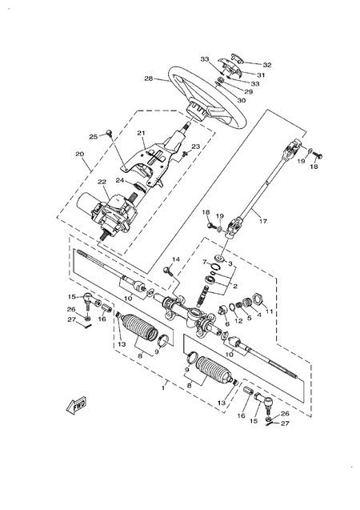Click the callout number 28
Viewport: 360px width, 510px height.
(148, 78)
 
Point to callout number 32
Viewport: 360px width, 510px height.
(245, 65)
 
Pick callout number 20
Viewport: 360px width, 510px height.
(79, 155)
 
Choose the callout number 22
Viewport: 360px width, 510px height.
(102, 182)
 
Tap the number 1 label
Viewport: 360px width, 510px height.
(164, 388)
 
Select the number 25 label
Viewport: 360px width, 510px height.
(93, 137)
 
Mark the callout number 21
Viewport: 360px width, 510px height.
(140, 133)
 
